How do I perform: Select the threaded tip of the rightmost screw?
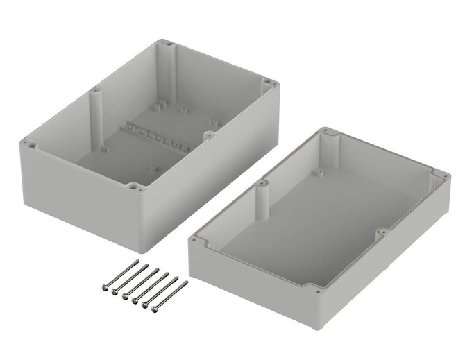tap(186, 282)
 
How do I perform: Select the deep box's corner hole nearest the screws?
tap(132, 186)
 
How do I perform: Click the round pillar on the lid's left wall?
tap(263, 198)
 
